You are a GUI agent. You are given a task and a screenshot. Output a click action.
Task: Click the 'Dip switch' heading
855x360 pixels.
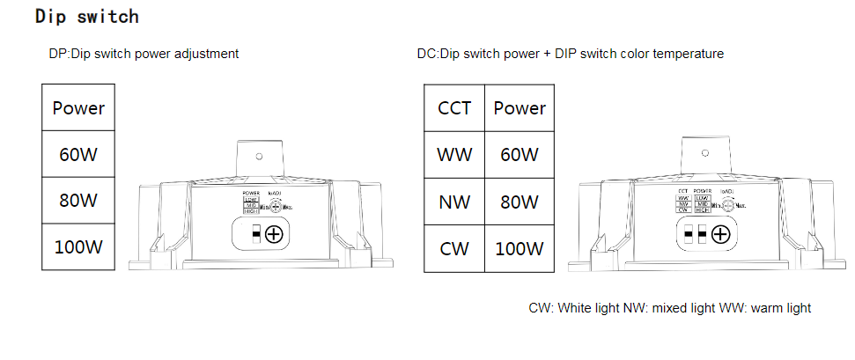point(86,17)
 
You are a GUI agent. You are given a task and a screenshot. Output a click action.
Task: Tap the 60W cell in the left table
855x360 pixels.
point(78,155)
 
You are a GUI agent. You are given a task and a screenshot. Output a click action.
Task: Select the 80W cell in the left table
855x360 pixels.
point(78,201)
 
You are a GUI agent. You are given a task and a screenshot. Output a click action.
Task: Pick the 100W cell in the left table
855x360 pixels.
point(78,246)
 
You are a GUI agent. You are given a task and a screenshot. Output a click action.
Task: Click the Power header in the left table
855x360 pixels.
point(78,109)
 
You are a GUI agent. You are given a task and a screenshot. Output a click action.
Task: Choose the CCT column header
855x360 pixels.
point(454,108)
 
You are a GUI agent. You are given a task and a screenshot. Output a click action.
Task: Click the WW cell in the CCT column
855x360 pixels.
point(454,155)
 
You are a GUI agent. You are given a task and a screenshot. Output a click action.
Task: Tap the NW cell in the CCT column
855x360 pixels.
point(454,202)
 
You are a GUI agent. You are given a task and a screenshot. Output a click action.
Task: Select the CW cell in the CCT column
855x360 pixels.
point(454,248)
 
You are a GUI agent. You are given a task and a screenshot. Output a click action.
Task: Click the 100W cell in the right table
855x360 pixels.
point(519,248)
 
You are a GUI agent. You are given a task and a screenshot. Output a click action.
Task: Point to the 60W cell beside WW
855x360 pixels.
point(519,155)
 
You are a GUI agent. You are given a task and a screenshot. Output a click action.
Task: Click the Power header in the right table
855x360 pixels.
point(519,108)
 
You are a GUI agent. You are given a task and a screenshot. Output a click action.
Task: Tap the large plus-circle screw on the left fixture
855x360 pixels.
point(274,234)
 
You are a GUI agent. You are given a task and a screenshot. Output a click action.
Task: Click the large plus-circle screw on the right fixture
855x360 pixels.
point(720,234)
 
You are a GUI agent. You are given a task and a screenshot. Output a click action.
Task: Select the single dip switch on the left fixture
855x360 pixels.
point(255,234)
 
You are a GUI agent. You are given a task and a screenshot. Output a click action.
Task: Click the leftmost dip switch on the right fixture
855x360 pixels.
point(689,234)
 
